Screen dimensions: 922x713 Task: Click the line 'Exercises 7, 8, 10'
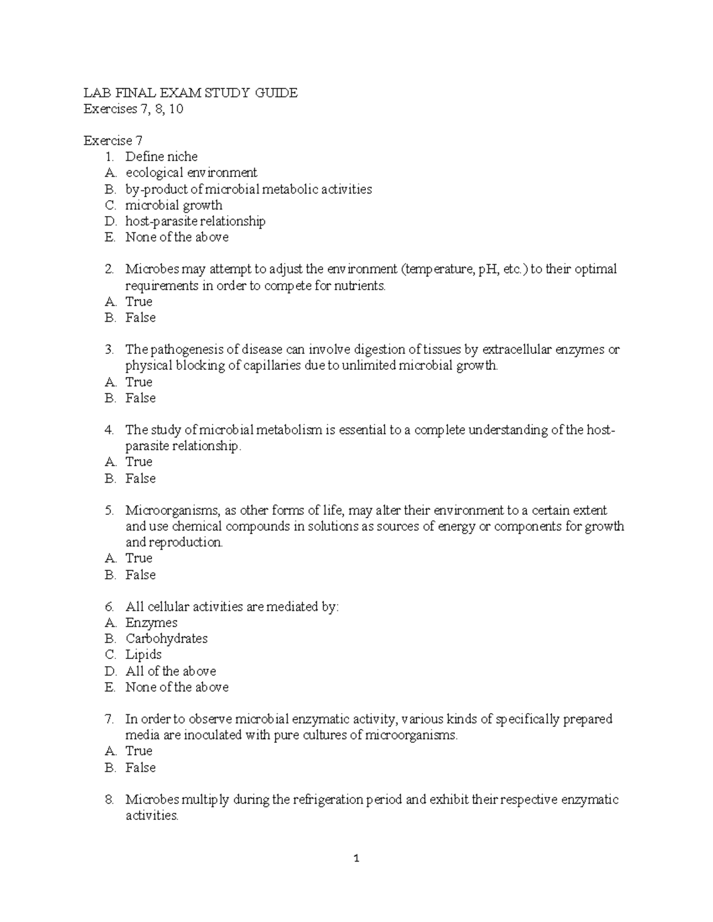click(133, 109)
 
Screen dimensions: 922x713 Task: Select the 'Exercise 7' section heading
click(113, 141)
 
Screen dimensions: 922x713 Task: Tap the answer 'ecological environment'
click(191, 173)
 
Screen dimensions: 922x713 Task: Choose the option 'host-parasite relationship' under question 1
click(195, 221)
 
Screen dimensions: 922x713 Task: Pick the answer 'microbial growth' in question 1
click(173, 205)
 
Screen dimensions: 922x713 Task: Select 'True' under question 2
click(138, 302)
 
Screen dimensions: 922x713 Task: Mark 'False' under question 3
click(140, 398)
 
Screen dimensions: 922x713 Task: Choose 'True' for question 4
click(138, 462)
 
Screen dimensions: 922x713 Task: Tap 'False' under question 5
click(140, 575)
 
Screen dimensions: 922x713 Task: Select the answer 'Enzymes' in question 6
click(151, 623)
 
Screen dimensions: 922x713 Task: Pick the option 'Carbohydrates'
click(166, 639)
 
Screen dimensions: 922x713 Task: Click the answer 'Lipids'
click(143, 655)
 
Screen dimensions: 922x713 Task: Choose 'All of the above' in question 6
click(171, 671)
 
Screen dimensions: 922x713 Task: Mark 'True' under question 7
click(138, 751)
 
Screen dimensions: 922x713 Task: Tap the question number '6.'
click(109, 607)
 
